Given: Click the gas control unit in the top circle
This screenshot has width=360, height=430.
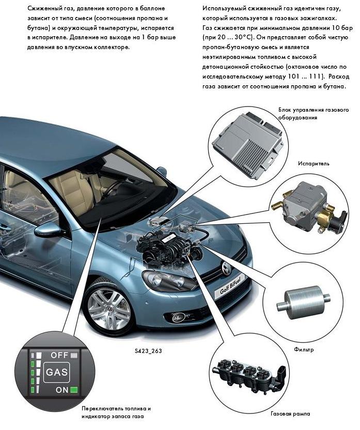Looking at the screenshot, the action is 248,144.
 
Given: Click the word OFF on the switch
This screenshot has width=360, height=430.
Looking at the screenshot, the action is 59,355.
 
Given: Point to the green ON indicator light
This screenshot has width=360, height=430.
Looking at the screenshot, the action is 74,390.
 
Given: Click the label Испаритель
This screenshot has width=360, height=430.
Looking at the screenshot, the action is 314,164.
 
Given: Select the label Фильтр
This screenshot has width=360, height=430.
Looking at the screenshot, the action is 304,350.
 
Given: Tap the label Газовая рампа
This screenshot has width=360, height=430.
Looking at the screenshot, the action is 291,413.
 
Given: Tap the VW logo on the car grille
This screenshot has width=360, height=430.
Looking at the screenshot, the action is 227,267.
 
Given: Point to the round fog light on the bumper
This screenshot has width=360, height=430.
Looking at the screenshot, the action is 175,317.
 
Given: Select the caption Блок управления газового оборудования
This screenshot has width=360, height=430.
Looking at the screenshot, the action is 314,114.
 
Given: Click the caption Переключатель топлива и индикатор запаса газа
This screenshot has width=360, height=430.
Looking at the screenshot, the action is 116,412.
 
